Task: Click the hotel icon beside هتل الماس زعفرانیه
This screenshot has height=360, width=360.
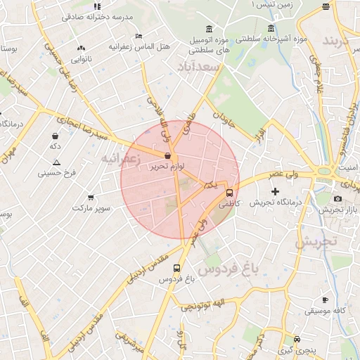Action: (139, 36)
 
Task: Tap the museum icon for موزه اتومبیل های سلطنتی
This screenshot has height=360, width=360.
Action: (209, 29)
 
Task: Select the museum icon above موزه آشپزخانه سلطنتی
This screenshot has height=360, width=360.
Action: (271, 29)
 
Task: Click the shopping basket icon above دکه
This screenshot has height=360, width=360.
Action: (55, 136)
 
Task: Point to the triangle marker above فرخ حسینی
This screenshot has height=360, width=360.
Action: (56, 162)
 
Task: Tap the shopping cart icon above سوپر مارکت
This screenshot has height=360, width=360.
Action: (91, 198)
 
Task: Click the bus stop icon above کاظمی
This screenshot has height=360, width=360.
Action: (229, 193)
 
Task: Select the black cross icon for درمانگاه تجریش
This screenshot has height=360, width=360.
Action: (275, 191)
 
